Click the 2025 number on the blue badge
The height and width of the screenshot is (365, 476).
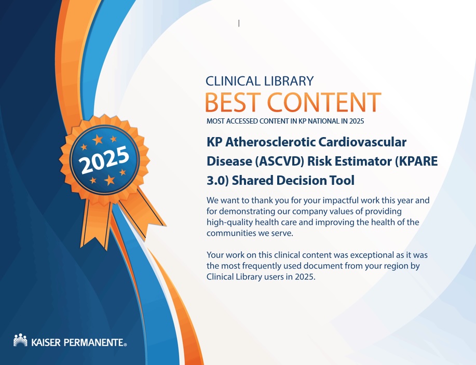point(104,160)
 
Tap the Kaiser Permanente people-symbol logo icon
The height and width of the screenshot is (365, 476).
point(20,340)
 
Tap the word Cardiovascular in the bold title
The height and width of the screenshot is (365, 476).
point(362,142)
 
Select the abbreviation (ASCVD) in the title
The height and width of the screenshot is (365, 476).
point(279,161)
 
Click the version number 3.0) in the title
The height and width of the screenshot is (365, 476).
point(217,180)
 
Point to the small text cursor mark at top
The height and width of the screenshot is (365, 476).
point(239,23)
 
